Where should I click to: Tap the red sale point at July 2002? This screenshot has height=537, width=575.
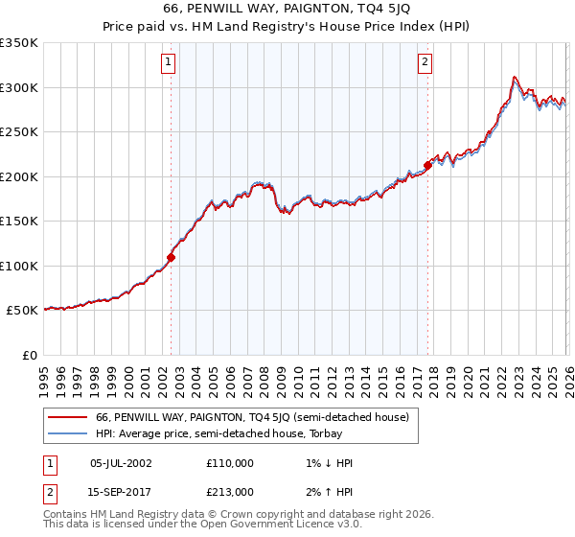(x=171, y=257)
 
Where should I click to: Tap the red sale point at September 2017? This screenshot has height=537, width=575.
(x=427, y=165)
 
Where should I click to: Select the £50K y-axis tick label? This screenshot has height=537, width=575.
(x=22, y=311)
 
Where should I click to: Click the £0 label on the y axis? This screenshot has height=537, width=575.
(x=31, y=355)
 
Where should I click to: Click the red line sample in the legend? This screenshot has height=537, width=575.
(x=68, y=417)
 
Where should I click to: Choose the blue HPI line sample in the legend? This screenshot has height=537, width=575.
(x=68, y=433)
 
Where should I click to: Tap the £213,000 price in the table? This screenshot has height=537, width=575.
(x=230, y=491)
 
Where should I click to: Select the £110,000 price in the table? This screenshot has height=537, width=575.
(x=230, y=462)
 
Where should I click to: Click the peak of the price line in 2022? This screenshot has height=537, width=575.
(x=515, y=77)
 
